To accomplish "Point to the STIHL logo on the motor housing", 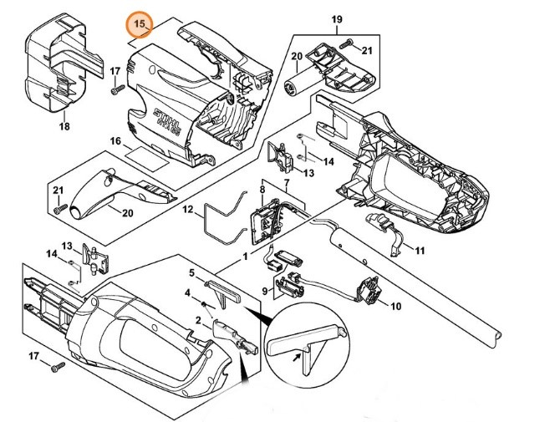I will tap(160, 112).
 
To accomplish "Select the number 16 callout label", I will tap(116, 142).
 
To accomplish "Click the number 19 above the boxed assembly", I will tap(337, 18).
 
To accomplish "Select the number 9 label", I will tap(266, 292).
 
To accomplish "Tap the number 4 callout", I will tap(190, 292).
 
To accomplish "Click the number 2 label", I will tap(198, 320).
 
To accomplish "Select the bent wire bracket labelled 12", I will tap(219, 215).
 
